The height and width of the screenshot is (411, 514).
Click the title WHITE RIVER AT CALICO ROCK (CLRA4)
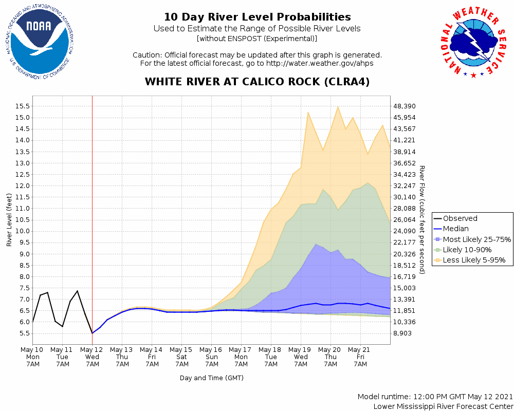(257, 82)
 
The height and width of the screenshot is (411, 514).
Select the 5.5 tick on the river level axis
(23, 333)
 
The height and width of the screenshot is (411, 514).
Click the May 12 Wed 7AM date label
(92, 357)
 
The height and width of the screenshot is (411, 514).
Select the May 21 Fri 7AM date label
(360, 357)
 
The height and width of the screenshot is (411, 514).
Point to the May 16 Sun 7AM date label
(211, 357)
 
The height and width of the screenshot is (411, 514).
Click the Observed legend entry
(460, 218)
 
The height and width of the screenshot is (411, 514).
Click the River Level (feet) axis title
(9, 220)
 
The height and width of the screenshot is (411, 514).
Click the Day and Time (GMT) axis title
(212, 378)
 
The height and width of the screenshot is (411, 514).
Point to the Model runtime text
(435, 397)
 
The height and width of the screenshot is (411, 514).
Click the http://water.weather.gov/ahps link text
(319, 63)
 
